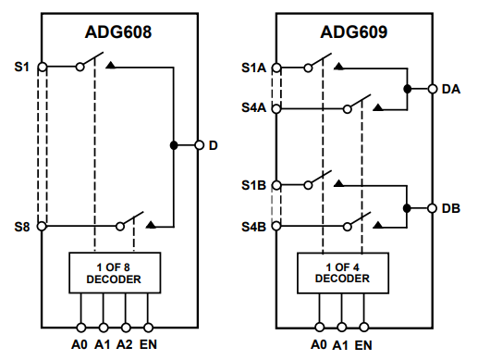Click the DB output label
(x=451, y=208)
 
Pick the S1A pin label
(x=253, y=67)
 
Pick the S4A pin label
(x=253, y=107)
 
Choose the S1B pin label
(x=253, y=185)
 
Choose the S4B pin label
(x=253, y=226)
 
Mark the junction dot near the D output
(x=173, y=145)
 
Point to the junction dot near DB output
(x=407, y=208)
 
